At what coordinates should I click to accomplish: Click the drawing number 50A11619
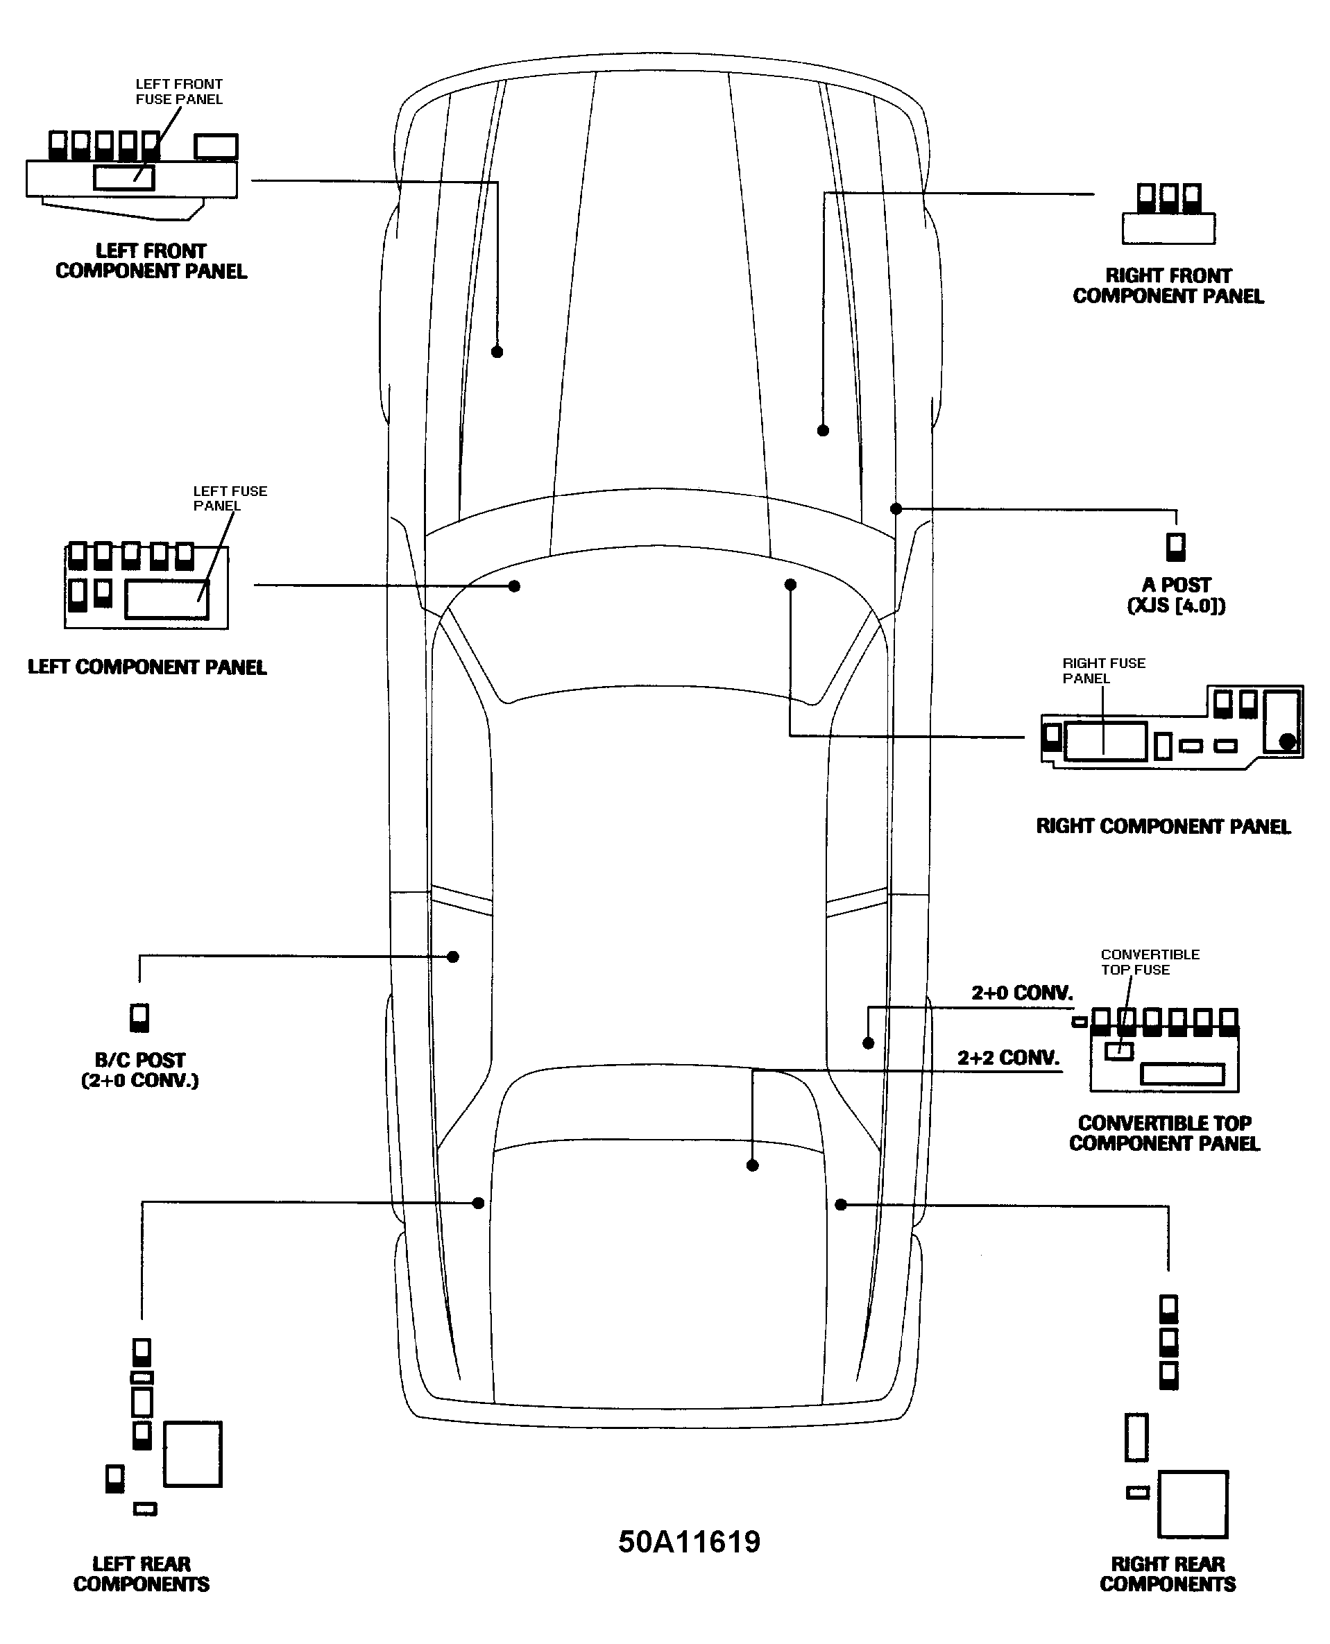coord(689,1541)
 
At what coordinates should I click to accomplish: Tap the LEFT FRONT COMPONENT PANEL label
coord(151,262)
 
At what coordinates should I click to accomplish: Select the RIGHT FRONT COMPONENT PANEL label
coord(1168,286)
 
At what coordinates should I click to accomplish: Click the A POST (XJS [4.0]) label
coord(1176,595)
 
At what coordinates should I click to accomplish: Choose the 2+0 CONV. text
coord(1022,993)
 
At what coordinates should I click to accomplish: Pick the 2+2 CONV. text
coord(1008,1058)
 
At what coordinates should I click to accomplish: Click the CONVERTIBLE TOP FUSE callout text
coord(1149,961)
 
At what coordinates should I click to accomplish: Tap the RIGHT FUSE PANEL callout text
coord(1103,670)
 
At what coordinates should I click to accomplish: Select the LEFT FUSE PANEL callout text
coord(230,498)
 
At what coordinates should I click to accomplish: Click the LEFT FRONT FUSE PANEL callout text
coord(178,91)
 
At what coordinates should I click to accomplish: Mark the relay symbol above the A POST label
coord(1175,547)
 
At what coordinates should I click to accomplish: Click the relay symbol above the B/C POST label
coord(139,1018)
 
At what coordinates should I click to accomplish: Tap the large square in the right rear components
coord(1192,1504)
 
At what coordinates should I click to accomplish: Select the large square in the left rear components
coord(192,1454)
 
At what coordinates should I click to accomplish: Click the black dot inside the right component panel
coord(1288,741)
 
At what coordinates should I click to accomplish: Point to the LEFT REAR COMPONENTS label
coord(141,1573)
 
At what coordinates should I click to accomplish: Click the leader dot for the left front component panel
coord(497,352)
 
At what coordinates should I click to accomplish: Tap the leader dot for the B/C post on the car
coord(453,956)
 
